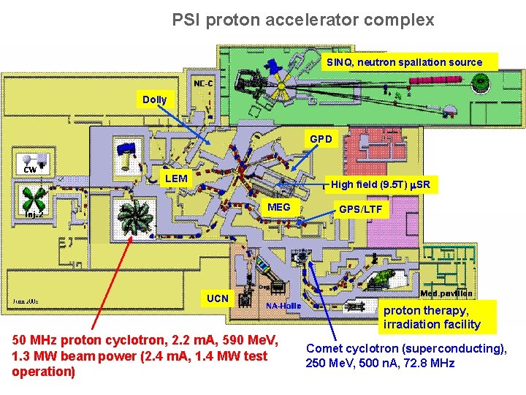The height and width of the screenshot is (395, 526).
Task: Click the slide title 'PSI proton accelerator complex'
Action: (x=303, y=20)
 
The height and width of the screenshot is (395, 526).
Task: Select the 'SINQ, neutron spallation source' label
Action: (x=404, y=62)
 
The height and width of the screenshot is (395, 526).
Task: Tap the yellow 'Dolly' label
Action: (x=154, y=99)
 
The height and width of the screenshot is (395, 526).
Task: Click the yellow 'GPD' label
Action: (x=321, y=138)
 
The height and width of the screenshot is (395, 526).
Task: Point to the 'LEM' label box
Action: (x=176, y=178)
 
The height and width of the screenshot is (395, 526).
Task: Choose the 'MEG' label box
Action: (x=279, y=208)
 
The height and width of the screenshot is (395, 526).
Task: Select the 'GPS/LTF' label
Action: (x=359, y=209)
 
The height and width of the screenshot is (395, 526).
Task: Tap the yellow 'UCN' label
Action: (x=217, y=298)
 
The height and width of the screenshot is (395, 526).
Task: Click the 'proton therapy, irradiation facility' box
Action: (x=432, y=317)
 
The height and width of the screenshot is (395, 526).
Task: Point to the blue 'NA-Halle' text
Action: (x=283, y=306)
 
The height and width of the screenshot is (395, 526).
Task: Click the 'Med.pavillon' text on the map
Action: (x=445, y=293)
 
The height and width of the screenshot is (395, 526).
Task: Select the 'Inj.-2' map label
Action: (x=34, y=214)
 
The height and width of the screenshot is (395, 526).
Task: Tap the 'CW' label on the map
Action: (x=30, y=169)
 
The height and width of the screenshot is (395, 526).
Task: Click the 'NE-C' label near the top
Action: (x=203, y=83)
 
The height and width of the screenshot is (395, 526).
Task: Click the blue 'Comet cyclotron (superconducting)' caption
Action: (x=406, y=355)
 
